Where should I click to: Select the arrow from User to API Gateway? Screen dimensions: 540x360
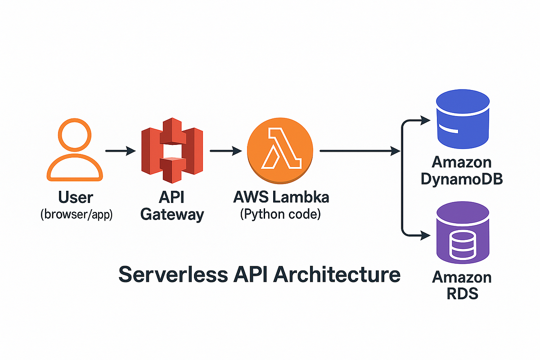[x=121, y=151]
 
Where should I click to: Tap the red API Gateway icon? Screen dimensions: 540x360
[x=172, y=150]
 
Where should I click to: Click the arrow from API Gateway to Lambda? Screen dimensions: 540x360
[x=226, y=151]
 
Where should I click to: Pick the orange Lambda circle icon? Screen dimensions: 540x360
[x=280, y=151]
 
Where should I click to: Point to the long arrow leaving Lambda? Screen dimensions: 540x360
[x=360, y=151]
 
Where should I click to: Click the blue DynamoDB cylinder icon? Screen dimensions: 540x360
[x=463, y=119]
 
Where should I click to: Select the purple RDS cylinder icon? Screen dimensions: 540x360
[x=463, y=233]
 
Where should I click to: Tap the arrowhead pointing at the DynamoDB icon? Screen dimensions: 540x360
[x=425, y=120]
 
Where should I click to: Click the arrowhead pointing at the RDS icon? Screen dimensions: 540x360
[x=425, y=235]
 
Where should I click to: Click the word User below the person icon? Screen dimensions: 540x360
[x=76, y=197]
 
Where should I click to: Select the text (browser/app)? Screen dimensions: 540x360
[x=76, y=214]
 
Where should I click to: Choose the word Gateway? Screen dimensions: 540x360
[x=172, y=215]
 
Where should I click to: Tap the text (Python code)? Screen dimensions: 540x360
[x=280, y=214]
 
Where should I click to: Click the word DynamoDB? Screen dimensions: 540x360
[x=462, y=179]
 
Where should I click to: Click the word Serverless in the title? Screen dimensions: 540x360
[x=173, y=274]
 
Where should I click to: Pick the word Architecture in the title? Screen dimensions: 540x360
[x=337, y=274]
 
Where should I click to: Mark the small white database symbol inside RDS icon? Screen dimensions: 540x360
[x=463, y=245]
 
